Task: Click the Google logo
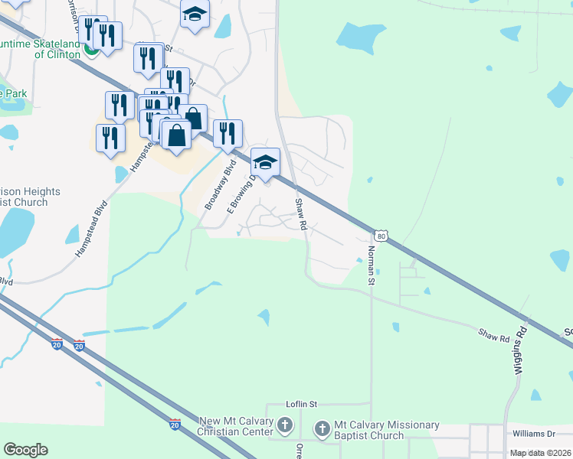[25, 450]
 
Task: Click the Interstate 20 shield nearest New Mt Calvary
[175, 423]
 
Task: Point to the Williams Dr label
[532, 433]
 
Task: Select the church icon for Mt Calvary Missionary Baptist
[322, 429]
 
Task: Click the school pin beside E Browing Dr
[265, 163]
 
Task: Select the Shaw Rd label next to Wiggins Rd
[494, 336]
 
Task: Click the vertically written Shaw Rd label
[300, 214]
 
